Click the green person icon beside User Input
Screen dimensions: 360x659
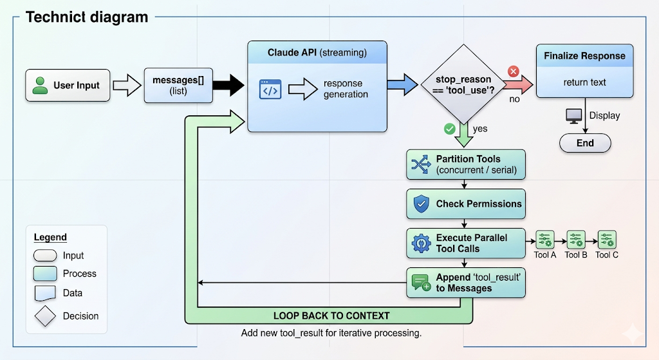41,85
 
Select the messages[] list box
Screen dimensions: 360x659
178,85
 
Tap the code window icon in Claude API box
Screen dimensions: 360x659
270,90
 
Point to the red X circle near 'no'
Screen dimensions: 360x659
514,71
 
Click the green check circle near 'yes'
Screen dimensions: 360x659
450,129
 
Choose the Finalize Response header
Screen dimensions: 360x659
584,56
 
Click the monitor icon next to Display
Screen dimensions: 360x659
573,116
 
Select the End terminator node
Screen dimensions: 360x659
585,143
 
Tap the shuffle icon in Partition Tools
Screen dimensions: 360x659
421,165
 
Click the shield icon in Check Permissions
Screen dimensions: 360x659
421,204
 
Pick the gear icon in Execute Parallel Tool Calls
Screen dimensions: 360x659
421,243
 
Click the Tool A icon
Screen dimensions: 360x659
545,240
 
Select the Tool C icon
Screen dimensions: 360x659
607,240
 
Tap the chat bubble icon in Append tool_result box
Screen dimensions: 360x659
421,283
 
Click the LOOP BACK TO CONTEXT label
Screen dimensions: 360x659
331,316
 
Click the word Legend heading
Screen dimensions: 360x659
50,237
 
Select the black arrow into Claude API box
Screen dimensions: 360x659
228,85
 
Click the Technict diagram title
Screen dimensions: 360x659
87,17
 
